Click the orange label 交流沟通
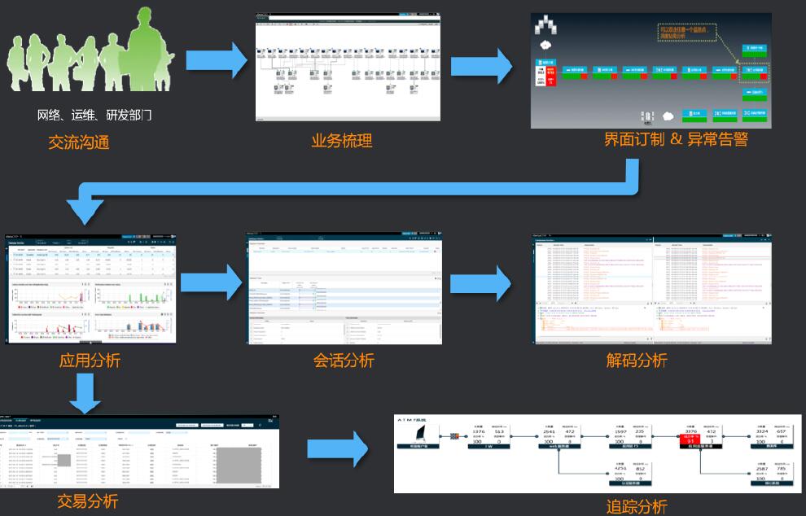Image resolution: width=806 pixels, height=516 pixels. [x=78, y=142]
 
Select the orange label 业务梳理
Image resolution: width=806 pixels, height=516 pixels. [x=342, y=141]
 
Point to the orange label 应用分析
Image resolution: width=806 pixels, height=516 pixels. [x=90, y=360]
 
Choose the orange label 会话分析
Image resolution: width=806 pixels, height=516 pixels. [x=344, y=360]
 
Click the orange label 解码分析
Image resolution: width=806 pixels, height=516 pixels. [x=637, y=360]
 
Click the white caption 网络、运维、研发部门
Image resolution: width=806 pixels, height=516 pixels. [x=94, y=115]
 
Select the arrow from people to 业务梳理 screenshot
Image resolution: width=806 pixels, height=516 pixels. [x=216, y=60]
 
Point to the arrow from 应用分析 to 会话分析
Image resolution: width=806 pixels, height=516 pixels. [x=211, y=282]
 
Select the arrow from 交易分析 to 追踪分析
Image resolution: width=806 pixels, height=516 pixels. [x=337, y=450]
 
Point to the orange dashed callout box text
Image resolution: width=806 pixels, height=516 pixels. [x=688, y=34]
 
